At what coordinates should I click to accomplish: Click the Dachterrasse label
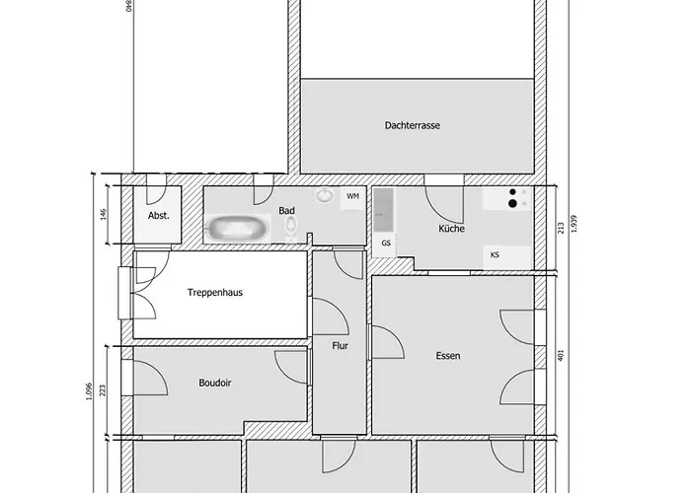[413, 126]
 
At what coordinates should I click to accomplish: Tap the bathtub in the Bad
[237, 229]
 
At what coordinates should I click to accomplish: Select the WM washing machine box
[352, 197]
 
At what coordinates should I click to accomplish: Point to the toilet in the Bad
[290, 229]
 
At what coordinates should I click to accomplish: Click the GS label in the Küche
[386, 243]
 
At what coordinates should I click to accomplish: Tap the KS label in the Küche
[495, 254]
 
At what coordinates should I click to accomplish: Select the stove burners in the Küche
[512, 199]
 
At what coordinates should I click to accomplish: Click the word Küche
[452, 229]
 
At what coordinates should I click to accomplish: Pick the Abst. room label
[158, 215]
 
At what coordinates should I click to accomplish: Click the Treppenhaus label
[216, 292]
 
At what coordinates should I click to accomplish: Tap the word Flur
[342, 345]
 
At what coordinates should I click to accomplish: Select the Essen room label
[447, 356]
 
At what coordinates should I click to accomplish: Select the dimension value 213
[560, 228]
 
